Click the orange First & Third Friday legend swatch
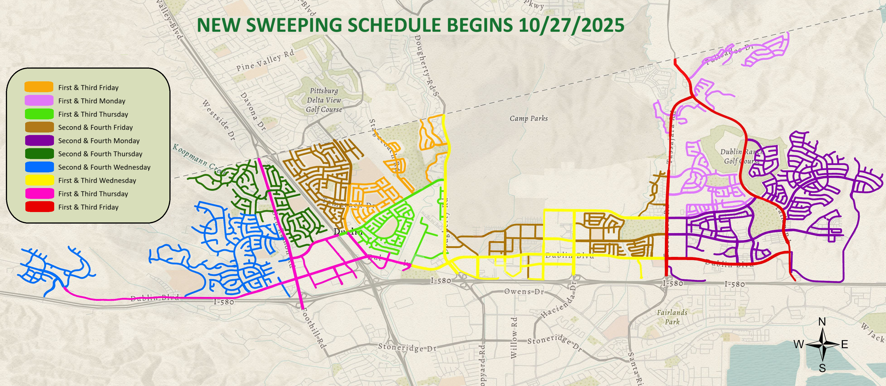click(x=39, y=87)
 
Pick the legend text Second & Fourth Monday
click(x=99, y=141)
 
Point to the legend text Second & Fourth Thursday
click(x=100, y=154)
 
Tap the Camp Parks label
click(x=528, y=118)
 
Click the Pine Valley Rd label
click(x=265, y=60)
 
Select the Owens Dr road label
click(x=524, y=292)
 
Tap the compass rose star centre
click(x=822, y=344)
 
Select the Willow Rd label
click(x=514, y=338)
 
